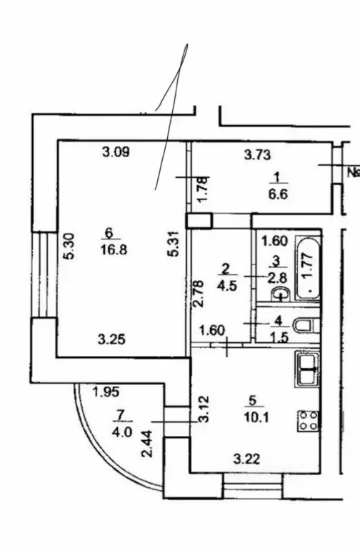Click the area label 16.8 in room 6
114,249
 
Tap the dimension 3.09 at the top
116,152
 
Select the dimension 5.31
174,243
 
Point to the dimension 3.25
111,339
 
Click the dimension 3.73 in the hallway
257,154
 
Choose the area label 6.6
278,194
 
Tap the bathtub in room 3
308,268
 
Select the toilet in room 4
306,326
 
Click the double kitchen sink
307,369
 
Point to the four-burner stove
309,420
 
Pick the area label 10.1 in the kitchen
256,417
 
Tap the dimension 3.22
246,459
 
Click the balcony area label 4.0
122,433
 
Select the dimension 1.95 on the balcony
106,392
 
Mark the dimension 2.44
147,444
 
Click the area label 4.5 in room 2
227,286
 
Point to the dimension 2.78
198,294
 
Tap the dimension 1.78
203,189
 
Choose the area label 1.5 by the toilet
279,337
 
